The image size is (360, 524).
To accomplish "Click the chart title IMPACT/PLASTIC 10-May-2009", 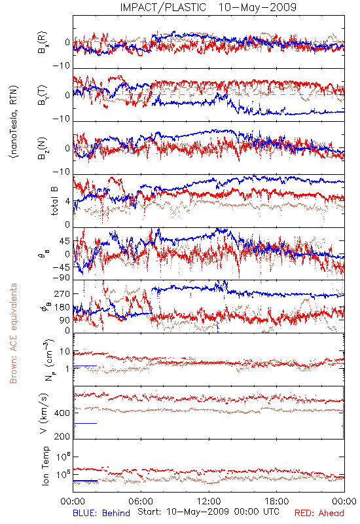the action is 208,7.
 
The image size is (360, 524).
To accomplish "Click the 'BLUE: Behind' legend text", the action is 101,513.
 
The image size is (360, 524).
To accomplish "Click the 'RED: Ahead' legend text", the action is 319,513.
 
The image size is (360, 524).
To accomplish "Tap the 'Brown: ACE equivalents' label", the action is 13,333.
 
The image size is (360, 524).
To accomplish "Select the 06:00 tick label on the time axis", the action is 141,501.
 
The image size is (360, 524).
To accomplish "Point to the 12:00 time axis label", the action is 209,501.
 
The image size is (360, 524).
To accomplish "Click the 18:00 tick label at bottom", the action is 277,501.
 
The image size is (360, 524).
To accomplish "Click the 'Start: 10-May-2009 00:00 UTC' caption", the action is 208,512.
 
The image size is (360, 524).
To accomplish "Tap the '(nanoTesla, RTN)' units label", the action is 14,122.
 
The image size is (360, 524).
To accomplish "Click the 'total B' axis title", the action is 54,200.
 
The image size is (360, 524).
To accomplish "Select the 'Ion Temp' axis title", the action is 46,466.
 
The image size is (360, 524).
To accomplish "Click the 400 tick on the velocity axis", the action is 62,413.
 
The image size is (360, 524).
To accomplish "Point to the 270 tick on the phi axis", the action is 62,293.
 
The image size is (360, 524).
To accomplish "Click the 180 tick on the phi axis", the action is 62,307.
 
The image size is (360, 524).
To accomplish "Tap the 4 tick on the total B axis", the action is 68,201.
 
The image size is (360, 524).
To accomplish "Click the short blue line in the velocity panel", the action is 85,423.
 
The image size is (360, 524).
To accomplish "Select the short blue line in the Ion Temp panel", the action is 85,481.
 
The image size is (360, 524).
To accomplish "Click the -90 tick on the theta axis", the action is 62,277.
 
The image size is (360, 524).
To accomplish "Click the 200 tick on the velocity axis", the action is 62,436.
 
